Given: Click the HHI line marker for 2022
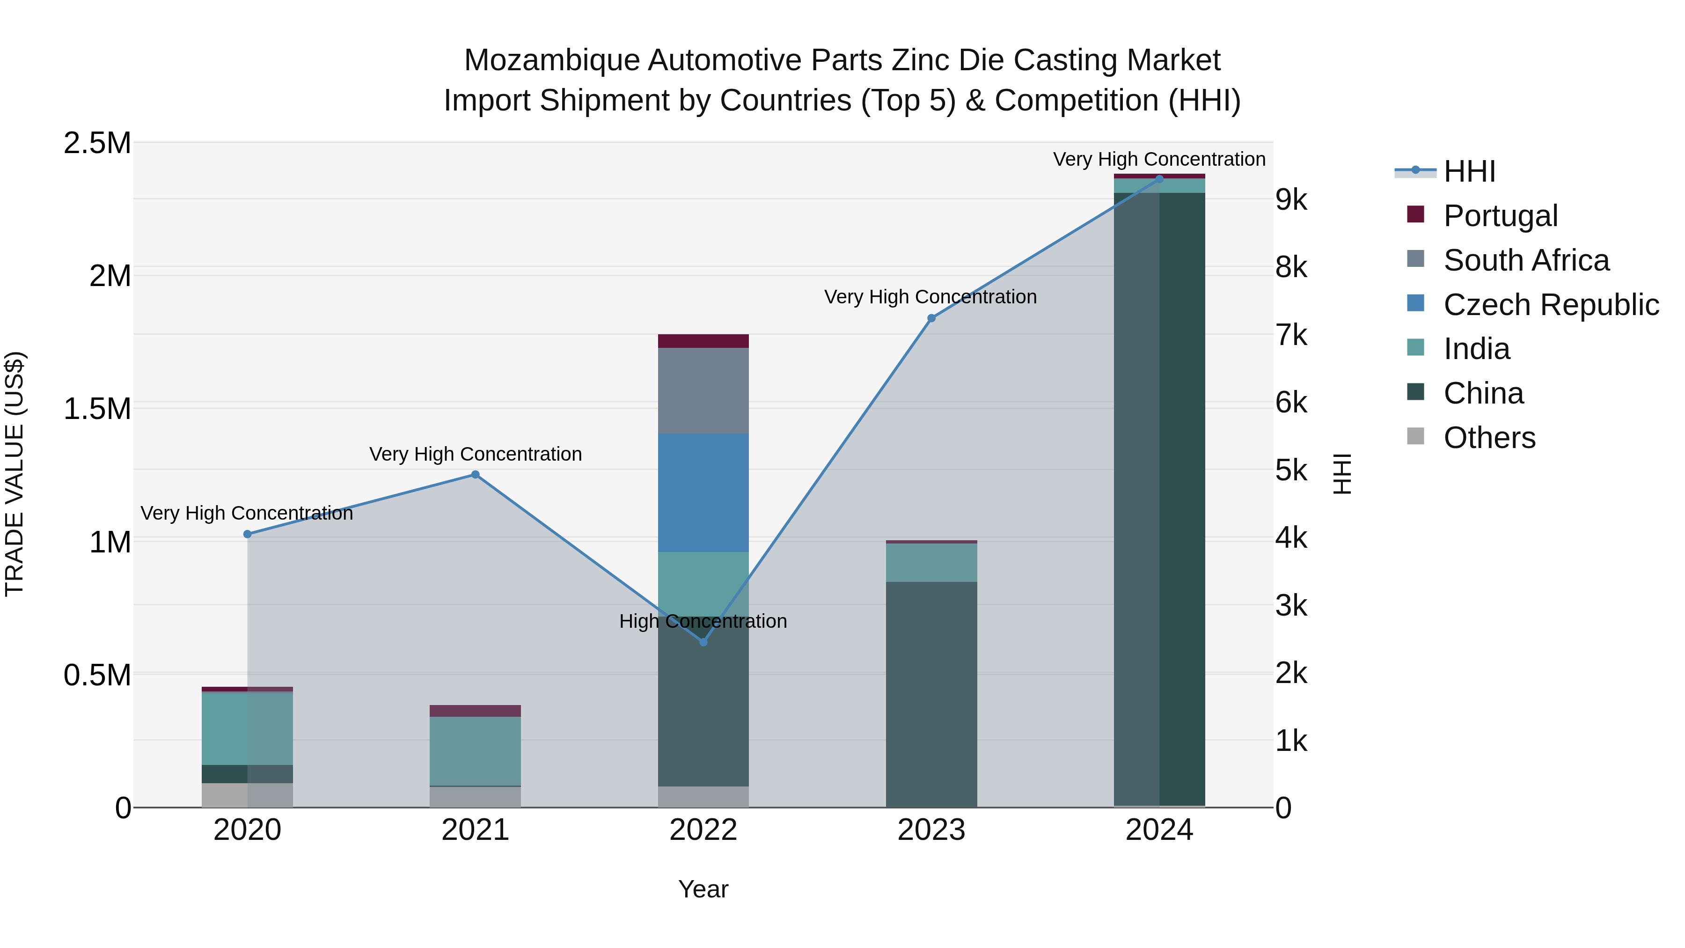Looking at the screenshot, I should coord(703,642).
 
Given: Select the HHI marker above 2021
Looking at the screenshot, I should coord(476,474).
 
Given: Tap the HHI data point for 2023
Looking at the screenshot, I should coord(931,318).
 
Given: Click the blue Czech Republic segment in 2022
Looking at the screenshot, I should coord(703,492).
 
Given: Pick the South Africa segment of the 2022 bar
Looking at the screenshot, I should coord(703,390).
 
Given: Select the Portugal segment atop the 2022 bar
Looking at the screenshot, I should coord(703,341).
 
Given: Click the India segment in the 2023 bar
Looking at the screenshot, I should coord(931,563).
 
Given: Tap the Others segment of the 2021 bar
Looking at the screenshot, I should coord(476,796).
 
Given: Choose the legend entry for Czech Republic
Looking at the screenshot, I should coord(1550,305).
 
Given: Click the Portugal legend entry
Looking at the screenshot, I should coord(1500,216).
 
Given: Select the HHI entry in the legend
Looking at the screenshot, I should coord(1469,171).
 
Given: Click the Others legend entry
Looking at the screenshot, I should coord(1489,438).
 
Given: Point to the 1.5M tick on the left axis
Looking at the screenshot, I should coord(97,409).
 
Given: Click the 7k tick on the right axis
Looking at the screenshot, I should coord(1291,335).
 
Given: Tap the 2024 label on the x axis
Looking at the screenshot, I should coord(1159,830).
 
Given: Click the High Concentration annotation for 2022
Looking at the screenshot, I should coord(703,621).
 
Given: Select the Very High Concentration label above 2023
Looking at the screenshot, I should coord(930,297).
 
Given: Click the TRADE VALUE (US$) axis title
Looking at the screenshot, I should coord(15,474).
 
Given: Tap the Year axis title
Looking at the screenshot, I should coord(703,889).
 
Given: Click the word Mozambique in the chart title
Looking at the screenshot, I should coord(551,60).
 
